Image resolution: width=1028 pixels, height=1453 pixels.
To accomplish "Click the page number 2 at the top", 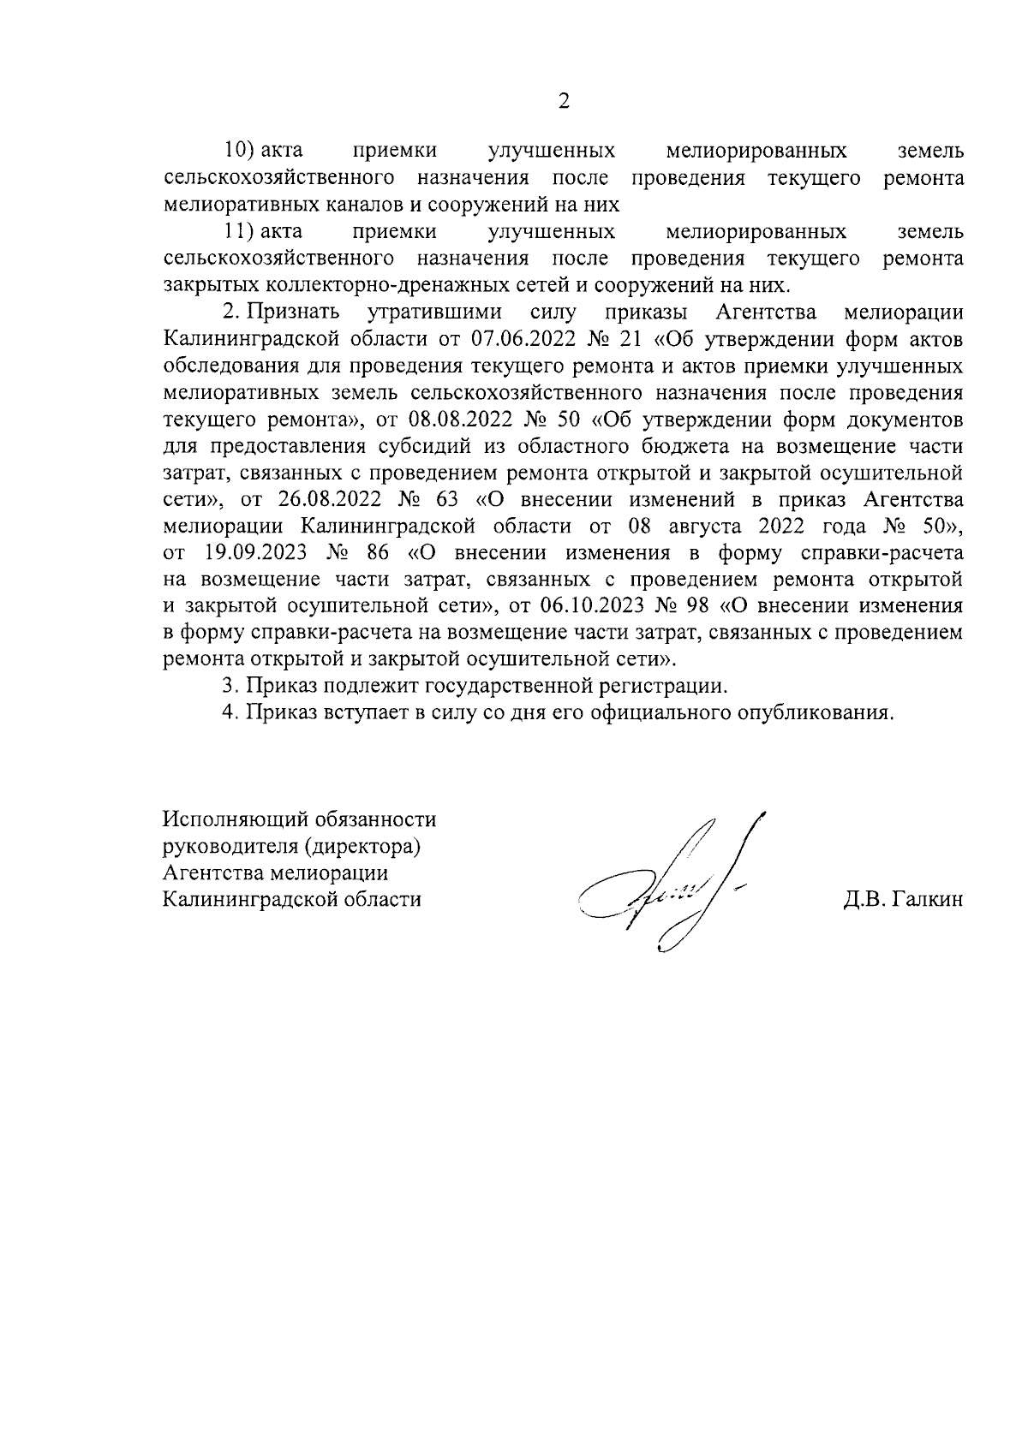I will pos(563,101).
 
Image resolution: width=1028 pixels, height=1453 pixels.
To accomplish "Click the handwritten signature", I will pos(664,890).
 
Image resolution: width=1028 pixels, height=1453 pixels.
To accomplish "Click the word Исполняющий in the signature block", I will pos(227,820).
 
